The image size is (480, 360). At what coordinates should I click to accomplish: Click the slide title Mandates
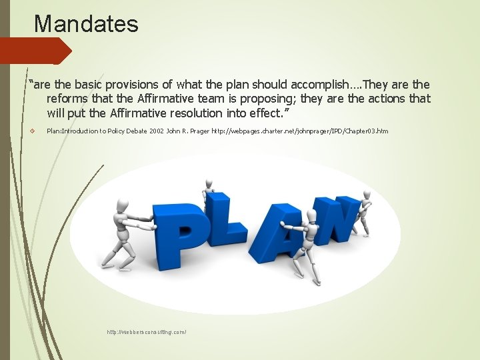click(86, 24)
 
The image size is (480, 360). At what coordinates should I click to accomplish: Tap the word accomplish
click(313, 85)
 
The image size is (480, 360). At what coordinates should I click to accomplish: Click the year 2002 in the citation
click(157, 131)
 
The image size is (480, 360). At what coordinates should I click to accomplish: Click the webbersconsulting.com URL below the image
click(147, 331)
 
